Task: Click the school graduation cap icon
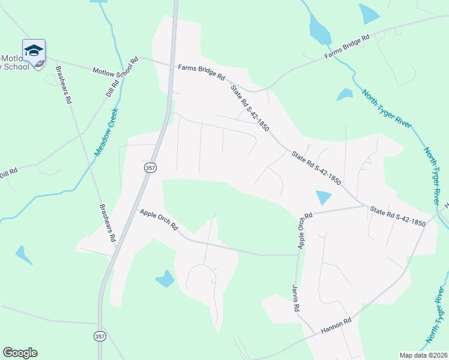[34, 50]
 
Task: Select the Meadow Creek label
[105, 133]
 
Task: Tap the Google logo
[20, 353]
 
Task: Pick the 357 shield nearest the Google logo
[98, 337]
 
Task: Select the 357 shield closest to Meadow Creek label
[149, 169]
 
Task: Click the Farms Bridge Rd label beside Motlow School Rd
[201, 73]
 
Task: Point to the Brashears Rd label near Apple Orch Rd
[107, 223]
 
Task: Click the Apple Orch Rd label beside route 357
[159, 220]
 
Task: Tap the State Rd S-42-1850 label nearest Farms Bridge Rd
[250, 109]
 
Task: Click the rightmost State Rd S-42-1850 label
[398, 217]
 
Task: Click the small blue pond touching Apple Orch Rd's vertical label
[322, 197]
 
